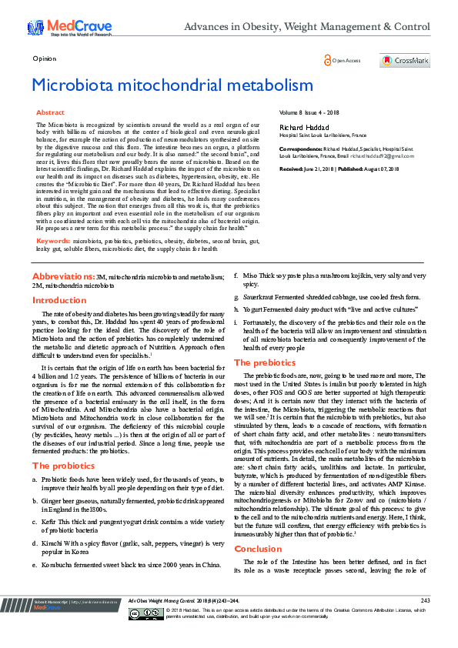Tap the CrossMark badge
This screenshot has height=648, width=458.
coord(404,60)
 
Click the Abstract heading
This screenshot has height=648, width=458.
coord(51,112)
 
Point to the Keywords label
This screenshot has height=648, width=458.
coord(53,219)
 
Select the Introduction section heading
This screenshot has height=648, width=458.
coord(59,300)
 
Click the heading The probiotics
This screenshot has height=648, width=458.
coord(62,445)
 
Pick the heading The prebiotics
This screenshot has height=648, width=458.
coord(265,362)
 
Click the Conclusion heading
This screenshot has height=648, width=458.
coord(259,549)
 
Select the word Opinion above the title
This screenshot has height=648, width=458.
coord(44,58)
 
